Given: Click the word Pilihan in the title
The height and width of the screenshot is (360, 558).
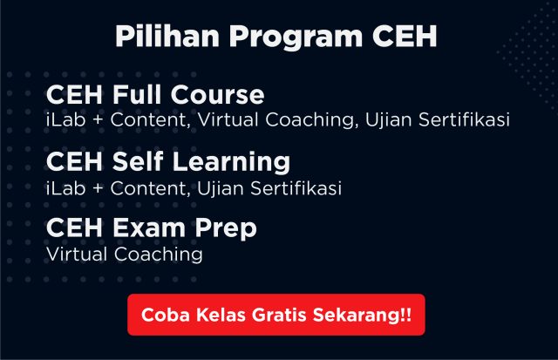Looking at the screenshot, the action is point(167,37).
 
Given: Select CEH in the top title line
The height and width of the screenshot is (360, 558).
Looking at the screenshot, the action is point(405,37).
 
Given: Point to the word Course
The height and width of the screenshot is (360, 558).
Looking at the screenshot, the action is point(217,95).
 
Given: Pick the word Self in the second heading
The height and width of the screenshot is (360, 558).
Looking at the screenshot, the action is point(138,161).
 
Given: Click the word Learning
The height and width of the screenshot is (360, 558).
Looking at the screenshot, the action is point(231,163).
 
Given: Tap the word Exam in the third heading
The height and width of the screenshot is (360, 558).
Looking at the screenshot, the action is point(149,228).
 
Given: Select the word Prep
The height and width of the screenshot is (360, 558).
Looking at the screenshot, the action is point(226,229).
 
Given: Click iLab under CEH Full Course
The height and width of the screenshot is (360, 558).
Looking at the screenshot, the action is point(66,119).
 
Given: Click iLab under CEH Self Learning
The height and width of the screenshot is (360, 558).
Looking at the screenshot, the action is point(66,188).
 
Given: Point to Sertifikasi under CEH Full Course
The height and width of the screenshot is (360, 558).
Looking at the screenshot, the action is point(464,119).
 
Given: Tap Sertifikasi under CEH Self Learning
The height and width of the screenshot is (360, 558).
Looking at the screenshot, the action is point(296,188).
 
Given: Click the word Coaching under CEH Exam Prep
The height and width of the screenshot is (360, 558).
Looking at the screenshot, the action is point(159,255).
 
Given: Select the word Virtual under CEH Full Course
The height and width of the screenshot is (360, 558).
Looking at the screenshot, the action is point(228,119).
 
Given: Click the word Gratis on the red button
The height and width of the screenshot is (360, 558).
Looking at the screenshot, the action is point(279,315).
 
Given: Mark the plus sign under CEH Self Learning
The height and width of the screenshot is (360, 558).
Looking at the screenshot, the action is point(98,188).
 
